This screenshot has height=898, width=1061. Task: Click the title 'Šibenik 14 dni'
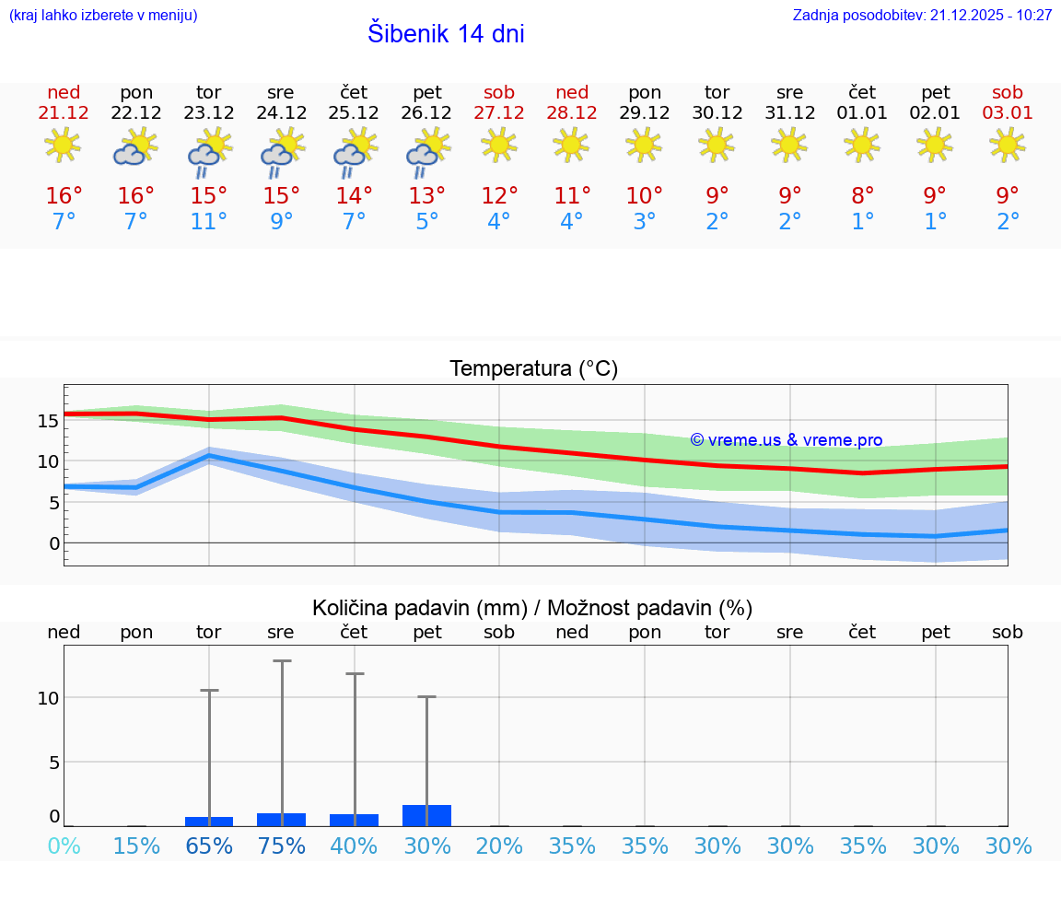pyautogui.click(x=446, y=34)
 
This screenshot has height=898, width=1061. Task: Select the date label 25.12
pyautogui.click(x=354, y=112)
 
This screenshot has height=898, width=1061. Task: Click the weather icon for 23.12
pyautogui.click(x=209, y=152)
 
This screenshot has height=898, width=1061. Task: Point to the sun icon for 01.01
pyautogui.click(x=862, y=145)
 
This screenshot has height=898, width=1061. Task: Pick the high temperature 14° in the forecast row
pyautogui.click(x=354, y=196)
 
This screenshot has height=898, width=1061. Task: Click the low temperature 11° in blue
pyautogui.click(x=209, y=222)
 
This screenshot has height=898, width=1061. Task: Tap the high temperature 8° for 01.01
pyautogui.click(x=862, y=196)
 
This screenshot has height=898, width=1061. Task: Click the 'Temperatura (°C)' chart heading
pyautogui.click(x=533, y=369)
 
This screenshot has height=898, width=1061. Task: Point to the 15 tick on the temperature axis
pyautogui.click(x=48, y=421)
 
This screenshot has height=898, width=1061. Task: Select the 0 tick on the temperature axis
pyautogui.click(x=54, y=543)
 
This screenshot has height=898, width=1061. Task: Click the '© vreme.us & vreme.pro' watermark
pyautogui.click(x=786, y=440)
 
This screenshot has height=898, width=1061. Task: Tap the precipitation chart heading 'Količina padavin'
pyautogui.click(x=532, y=608)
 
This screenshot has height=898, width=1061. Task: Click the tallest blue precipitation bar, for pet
pyautogui.click(x=427, y=815)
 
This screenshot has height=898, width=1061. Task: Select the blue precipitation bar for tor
pyautogui.click(x=209, y=821)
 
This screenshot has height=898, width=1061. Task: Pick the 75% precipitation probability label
pyautogui.click(x=281, y=846)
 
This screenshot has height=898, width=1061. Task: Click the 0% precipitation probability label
pyautogui.click(x=64, y=846)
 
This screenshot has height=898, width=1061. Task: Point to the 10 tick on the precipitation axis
pyautogui.click(x=48, y=698)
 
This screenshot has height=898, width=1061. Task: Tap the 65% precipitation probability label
pyautogui.click(x=209, y=846)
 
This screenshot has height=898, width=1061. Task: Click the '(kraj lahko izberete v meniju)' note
pyautogui.click(x=103, y=16)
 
